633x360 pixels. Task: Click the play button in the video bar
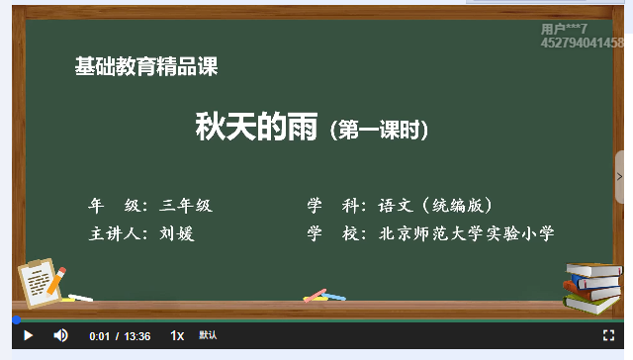(28, 335)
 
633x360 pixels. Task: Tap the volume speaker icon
(60, 335)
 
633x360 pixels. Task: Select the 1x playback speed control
(177, 335)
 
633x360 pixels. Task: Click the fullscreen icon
(608, 335)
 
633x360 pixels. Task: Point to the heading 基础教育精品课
(146, 67)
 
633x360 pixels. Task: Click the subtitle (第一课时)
(381, 130)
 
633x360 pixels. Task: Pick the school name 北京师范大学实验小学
(467, 233)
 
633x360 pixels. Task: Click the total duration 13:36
(137, 336)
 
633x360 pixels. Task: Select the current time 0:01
(99, 336)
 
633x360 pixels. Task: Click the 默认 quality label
(208, 335)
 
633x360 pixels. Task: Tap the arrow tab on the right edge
(619, 177)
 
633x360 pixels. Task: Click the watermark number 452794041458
(583, 44)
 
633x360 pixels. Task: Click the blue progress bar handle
(16, 319)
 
